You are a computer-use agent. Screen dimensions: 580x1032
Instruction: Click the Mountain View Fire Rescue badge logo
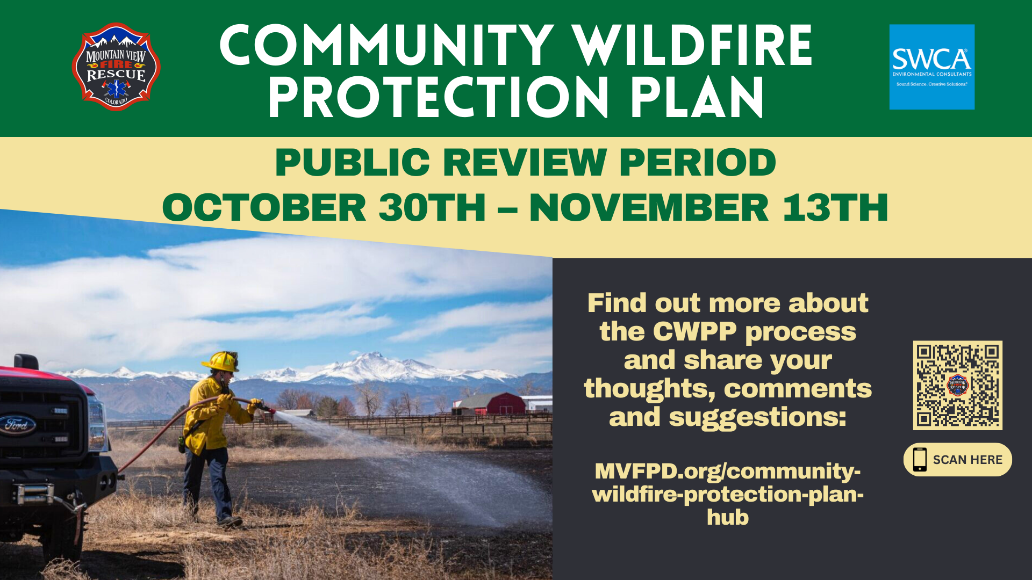116,67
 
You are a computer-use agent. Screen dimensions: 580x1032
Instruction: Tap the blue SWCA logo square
931,67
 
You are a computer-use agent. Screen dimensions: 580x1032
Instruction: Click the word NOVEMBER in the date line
649,208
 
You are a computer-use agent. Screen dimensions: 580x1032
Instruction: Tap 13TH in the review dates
835,208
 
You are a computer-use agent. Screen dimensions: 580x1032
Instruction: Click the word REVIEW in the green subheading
525,162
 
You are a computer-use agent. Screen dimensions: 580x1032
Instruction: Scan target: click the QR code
957,385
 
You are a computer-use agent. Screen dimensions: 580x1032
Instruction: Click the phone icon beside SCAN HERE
920,460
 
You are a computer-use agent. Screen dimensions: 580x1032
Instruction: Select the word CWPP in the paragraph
694,332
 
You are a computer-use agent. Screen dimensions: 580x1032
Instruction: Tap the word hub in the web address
727,517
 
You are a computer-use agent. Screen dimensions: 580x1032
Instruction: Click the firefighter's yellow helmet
221,361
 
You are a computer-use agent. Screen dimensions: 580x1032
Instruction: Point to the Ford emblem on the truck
18,424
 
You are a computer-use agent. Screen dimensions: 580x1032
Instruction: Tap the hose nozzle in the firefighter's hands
264,407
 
